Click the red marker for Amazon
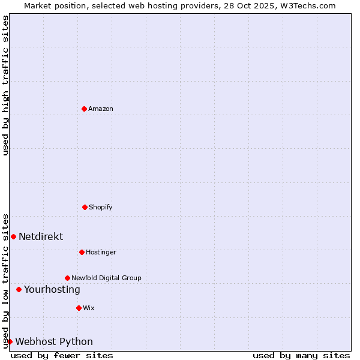[x=85, y=109]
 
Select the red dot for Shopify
[x=85, y=207]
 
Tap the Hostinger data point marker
[x=82, y=252]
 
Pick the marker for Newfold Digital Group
[x=67, y=278]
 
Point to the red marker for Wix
[x=79, y=308]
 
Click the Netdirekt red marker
[x=13, y=236]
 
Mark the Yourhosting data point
[x=19, y=289]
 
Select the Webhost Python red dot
[x=10, y=341]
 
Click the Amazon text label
[x=101, y=109]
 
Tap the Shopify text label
[x=101, y=207]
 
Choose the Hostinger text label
[x=101, y=252]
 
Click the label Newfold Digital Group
[x=106, y=278]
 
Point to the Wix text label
[x=89, y=308]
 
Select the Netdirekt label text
[x=41, y=236]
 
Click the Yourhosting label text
[x=52, y=289]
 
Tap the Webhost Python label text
[x=54, y=341]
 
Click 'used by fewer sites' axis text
[x=62, y=355]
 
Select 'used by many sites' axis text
[x=301, y=355]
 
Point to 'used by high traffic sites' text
[x=5, y=85]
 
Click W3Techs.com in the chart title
[x=308, y=5]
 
